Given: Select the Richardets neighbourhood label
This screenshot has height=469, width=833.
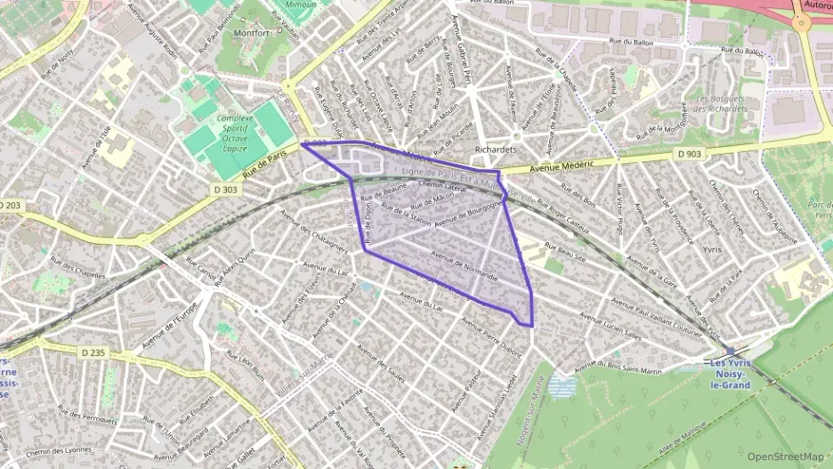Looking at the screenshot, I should pyautogui.click(x=496, y=150).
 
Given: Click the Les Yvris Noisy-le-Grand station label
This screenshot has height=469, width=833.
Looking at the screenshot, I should pyautogui.click(x=727, y=374).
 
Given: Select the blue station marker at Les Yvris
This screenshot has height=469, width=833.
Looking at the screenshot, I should pyautogui.click(x=730, y=352).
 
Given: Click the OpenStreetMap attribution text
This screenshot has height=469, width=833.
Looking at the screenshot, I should pyautogui.click(x=785, y=457).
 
